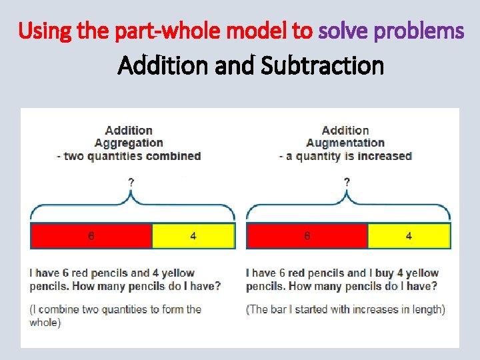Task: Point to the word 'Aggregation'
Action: [129, 143]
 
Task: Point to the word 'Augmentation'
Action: [345, 143]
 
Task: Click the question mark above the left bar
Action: [131, 181]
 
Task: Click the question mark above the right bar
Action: [347, 181]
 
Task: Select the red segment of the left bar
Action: [91, 236]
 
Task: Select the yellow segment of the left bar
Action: [193, 236]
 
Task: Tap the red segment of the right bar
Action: [307, 236]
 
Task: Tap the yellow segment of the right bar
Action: [409, 236]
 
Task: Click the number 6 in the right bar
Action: [307, 236]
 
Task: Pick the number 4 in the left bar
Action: [193, 236]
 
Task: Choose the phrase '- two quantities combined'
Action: [129, 156]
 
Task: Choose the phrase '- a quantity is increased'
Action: [345, 156]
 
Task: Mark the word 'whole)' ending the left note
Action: [45, 322]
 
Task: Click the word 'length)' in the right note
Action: [427, 309]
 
